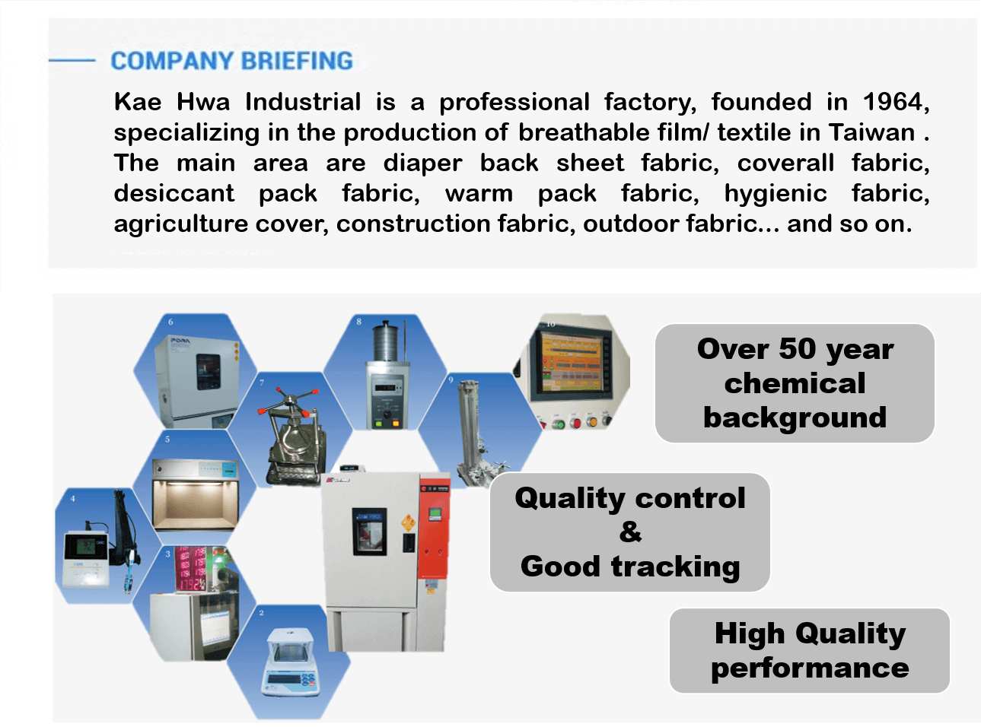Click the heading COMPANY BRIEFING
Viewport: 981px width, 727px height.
coord(232,61)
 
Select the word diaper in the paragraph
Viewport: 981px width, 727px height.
coord(423,163)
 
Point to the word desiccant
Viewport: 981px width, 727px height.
coord(174,193)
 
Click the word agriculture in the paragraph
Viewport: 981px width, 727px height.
coord(181,224)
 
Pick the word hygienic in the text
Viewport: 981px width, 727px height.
coord(776,194)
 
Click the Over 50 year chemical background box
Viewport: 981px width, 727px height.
coord(795,383)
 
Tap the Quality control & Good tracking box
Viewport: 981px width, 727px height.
coord(630,532)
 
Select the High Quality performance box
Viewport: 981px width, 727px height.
coord(810,650)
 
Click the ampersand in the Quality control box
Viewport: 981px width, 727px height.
coord(630,532)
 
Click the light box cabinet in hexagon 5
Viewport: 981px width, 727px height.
coord(195,494)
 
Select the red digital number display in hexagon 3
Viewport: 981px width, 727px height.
coord(190,570)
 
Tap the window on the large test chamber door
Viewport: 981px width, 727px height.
coord(369,532)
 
